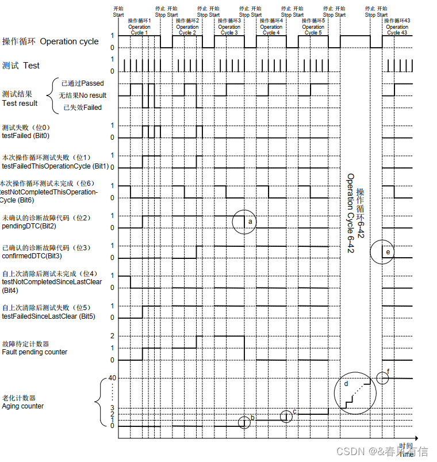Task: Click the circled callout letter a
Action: (250, 221)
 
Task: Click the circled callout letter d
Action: (346, 383)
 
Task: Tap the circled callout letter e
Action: (388, 252)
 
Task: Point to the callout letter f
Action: (389, 372)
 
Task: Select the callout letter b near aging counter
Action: (252, 417)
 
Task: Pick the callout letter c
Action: (294, 411)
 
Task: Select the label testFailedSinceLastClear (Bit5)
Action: (49, 316)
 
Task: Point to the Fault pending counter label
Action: (34, 352)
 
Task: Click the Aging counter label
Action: (22, 406)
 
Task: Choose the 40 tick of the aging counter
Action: (112, 377)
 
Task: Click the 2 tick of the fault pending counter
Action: (113, 336)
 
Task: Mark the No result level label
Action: (83, 96)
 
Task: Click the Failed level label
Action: (83, 108)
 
